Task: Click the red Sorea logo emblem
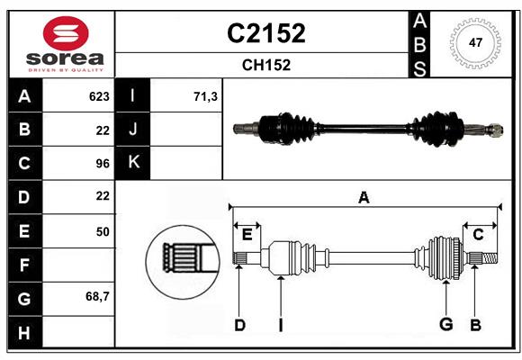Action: click(66, 33)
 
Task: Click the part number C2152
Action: click(266, 33)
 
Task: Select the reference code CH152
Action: click(266, 65)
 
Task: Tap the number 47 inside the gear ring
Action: click(475, 42)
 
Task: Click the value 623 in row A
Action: click(99, 96)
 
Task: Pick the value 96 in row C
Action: click(103, 164)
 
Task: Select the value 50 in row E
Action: click(103, 231)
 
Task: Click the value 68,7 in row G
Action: click(97, 296)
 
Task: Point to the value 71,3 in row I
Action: click(205, 96)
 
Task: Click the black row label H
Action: click(24, 332)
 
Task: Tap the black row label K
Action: click(133, 163)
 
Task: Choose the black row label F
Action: click(24, 265)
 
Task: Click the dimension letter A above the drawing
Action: click(364, 198)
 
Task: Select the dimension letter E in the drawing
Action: click(247, 235)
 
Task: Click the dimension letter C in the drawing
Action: click(478, 235)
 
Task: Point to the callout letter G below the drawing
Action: click(446, 324)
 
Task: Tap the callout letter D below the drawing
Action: click(239, 325)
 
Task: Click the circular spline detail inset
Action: click(183, 262)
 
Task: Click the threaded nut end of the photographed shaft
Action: click(495, 130)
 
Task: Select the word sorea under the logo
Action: click(65, 58)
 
